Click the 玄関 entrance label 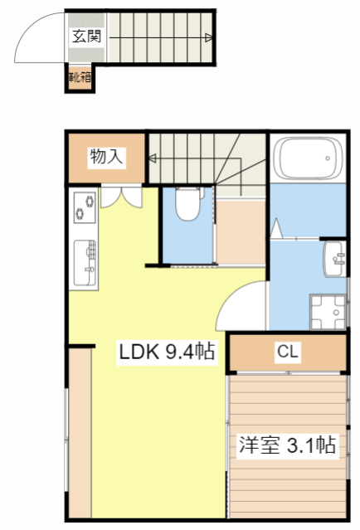tap(86, 36)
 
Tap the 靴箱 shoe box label tap(80, 77)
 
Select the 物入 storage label tap(106, 157)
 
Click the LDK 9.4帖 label tap(167, 352)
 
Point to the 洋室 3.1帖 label tap(287, 445)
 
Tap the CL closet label tap(288, 351)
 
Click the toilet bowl tap(188, 204)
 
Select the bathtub tap(308, 158)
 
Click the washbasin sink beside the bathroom tap(334, 259)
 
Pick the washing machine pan tap(328, 313)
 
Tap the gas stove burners tap(85, 207)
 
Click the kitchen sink tap(85, 263)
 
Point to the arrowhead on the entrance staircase tap(209, 37)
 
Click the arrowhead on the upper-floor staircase tap(153, 158)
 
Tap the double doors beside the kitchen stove tap(121, 197)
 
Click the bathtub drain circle tap(327, 158)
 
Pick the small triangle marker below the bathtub tap(276, 228)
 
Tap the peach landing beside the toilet tap(241, 232)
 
